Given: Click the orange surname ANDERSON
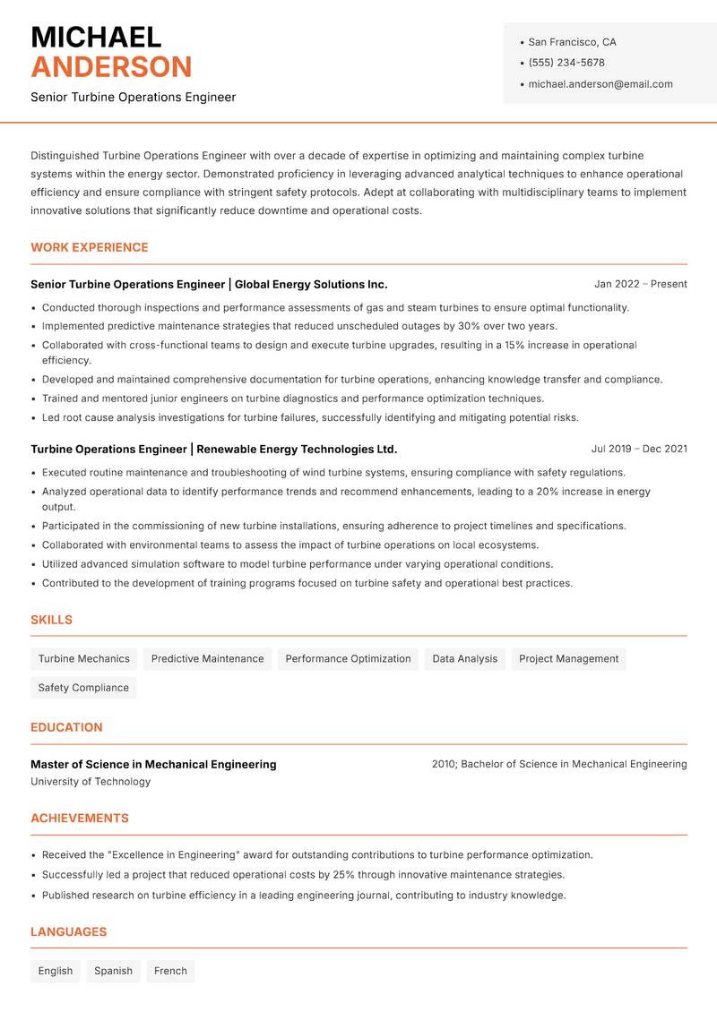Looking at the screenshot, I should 111,67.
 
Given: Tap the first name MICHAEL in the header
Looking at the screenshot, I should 96,37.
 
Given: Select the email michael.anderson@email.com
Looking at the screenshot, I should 600,84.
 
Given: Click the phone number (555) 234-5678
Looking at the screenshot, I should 566,63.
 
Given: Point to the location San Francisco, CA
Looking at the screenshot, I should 572,42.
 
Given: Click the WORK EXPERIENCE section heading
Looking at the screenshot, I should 90,247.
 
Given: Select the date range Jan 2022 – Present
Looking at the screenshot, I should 640,284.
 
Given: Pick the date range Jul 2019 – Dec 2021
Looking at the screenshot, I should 639,449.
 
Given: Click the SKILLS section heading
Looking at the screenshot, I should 51,620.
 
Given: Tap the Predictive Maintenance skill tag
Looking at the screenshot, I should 207,659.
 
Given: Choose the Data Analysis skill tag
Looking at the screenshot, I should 464,659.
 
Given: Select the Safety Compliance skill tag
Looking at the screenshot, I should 83,688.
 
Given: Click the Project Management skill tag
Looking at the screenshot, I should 568,659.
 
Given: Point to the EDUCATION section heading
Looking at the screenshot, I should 66,727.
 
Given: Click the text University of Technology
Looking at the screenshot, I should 91,782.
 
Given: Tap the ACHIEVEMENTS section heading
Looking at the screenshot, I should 80,818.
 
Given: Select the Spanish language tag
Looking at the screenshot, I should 113,971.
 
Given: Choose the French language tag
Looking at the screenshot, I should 170,971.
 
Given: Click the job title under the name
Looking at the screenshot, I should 134,97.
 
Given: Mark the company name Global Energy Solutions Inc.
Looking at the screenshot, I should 311,284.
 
